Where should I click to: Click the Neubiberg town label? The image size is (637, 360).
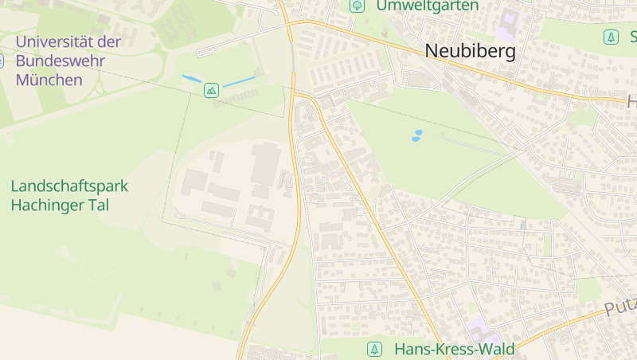tap(470, 52)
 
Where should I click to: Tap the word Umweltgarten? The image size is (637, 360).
tap(428, 6)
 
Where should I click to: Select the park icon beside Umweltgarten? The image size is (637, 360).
tap(358, 6)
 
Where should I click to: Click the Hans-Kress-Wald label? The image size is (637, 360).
tap(455, 349)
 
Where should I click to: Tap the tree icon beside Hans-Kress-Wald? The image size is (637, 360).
tap(373, 349)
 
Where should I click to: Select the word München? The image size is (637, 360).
tap(49, 80)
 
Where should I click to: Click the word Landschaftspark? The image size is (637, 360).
tap(69, 186)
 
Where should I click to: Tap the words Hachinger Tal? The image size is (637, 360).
tap(60, 205)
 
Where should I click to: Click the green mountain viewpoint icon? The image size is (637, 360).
tap(211, 90)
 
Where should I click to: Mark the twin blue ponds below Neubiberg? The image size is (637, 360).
tap(416, 135)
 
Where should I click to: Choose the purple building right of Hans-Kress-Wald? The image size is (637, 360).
tap(480, 329)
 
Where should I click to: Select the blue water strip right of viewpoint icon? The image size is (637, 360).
tap(239, 81)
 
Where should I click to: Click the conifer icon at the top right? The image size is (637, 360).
tap(611, 37)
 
